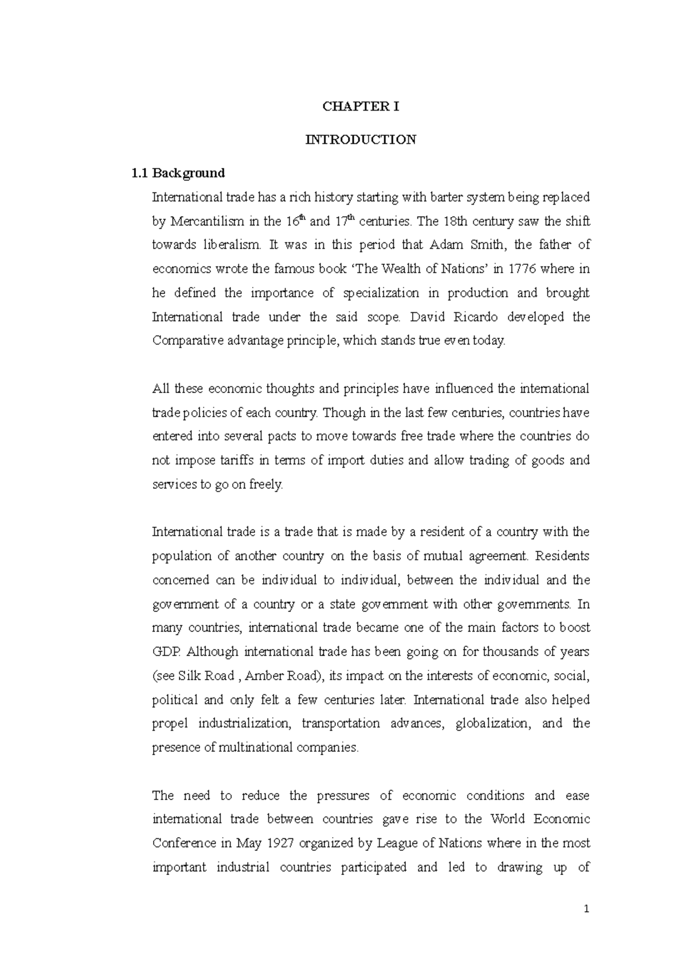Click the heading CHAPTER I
(361, 107)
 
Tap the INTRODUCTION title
(361, 139)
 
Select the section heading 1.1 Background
(178, 173)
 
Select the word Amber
(265, 676)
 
